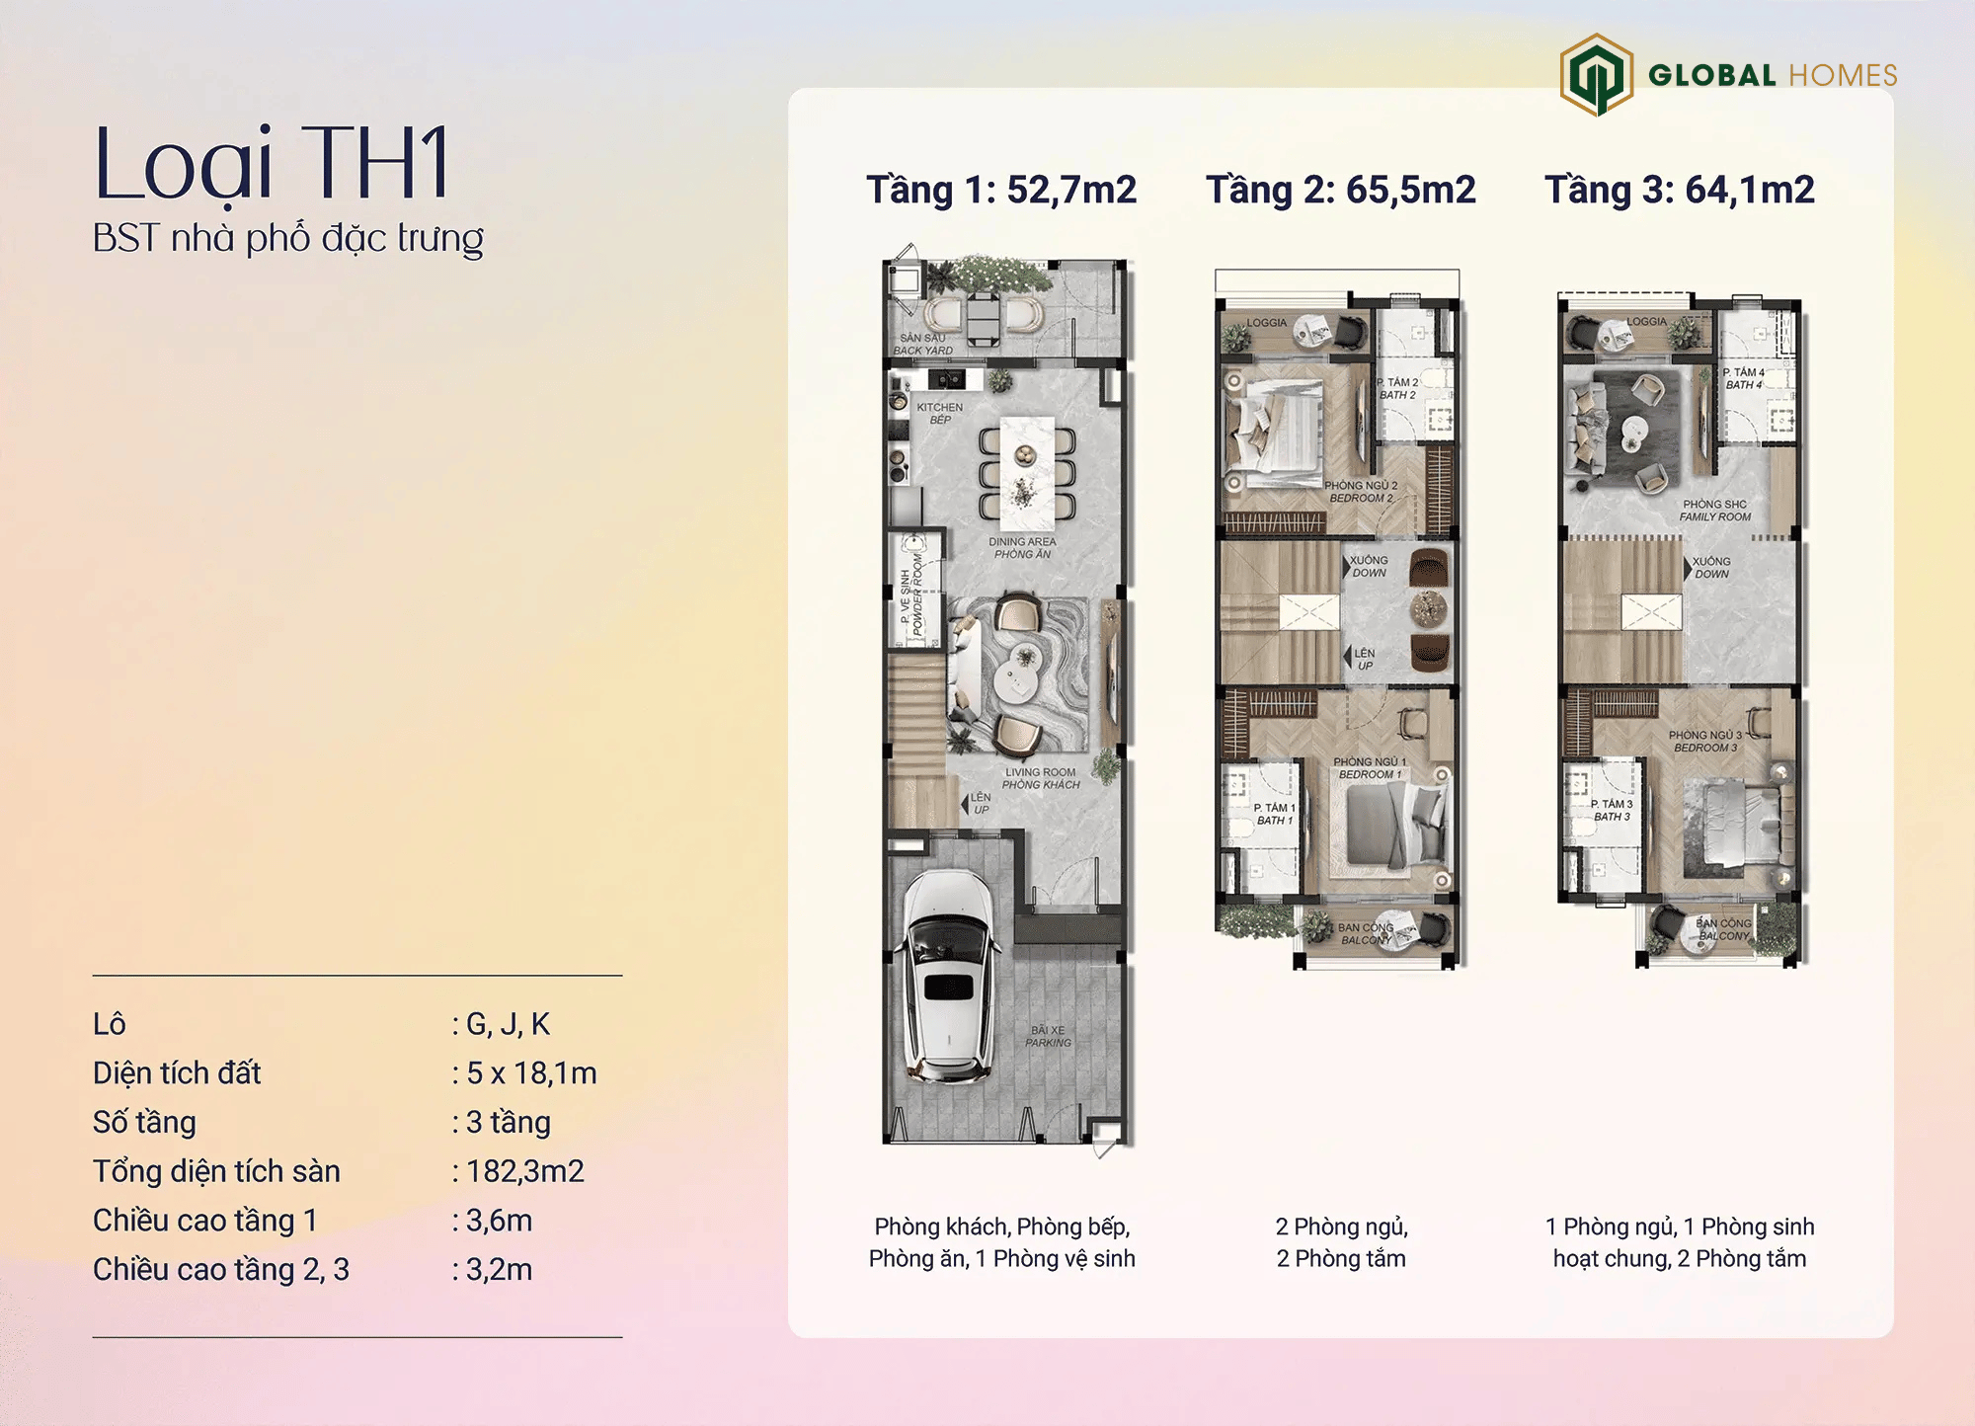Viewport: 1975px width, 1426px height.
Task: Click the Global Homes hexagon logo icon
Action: click(1596, 74)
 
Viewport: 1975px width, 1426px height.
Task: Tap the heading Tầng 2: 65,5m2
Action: click(1340, 190)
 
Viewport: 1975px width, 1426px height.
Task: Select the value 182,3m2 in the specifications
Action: click(524, 1171)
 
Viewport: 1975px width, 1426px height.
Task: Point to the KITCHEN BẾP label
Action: click(939, 413)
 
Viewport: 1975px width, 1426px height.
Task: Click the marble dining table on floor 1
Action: click(1027, 473)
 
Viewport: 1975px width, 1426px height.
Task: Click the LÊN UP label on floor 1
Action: click(980, 803)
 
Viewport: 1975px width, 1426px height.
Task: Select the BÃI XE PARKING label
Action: click(1048, 1036)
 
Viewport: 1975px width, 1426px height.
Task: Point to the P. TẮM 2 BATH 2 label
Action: click(1397, 388)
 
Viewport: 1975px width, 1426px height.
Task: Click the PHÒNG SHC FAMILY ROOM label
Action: click(1715, 511)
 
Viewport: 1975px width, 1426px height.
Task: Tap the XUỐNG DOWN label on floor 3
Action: click(1711, 567)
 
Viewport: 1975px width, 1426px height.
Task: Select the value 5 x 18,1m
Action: click(531, 1073)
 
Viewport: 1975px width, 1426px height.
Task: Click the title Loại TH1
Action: click(273, 163)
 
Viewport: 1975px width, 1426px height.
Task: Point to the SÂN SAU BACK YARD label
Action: click(923, 344)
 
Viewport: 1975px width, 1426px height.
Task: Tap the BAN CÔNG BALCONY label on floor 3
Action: click(1723, 929)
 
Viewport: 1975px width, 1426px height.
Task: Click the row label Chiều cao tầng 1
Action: click(205, 1221)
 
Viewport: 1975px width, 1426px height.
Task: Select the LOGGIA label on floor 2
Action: click(1266, 323)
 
